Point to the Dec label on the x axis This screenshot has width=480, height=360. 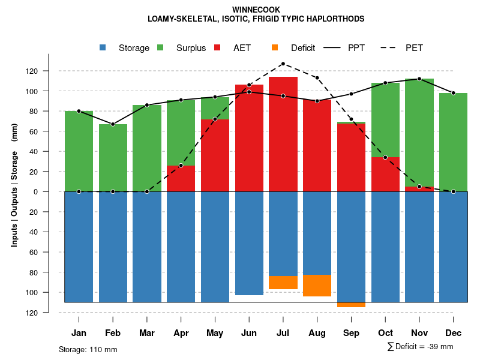[x=454, y=333]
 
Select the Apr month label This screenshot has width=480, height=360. [x=181, y=333]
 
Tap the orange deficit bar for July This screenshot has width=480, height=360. [x=283, y=283]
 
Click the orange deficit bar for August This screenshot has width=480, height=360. [x=317, y=286]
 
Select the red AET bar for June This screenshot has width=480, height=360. [x=249, y=138]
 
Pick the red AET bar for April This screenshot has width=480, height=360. [x=181, y=178]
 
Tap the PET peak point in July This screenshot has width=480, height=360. [x=283, y=64]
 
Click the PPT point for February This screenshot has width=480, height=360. [x=113, y=124]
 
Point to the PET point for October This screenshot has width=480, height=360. [x=385, y=157]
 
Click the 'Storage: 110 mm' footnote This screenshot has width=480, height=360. [x=88, y=349]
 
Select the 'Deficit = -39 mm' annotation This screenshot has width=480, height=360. [x=424, y=346]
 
